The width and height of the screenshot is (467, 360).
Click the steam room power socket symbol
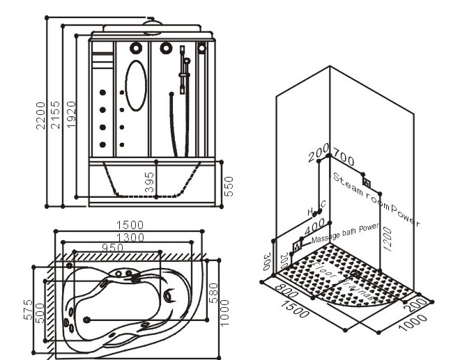(x=366, y=184)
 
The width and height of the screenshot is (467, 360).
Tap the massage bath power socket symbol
(x=299, y=245)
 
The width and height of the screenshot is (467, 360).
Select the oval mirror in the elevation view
(x=136, y=85)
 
